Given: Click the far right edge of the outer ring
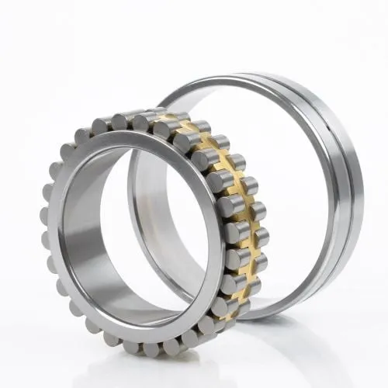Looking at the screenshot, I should pyautogui.click(x=362, y=194).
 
